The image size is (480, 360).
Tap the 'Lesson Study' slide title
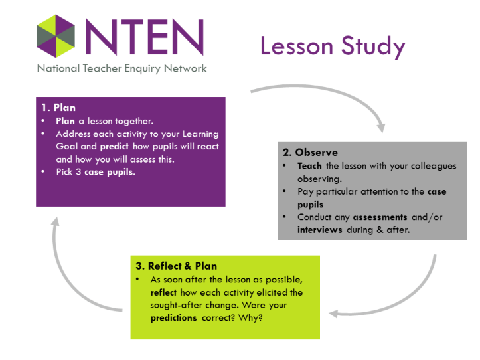point(332,46)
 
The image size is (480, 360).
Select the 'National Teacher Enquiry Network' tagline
point(121,68)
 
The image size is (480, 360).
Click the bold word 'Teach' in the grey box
point(310,166)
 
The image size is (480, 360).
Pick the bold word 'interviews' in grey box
point(320,229)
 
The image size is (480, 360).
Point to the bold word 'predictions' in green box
point(173,317)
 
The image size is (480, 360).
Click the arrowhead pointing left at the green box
point(335,312)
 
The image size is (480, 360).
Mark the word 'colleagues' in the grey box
point(434,166)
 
